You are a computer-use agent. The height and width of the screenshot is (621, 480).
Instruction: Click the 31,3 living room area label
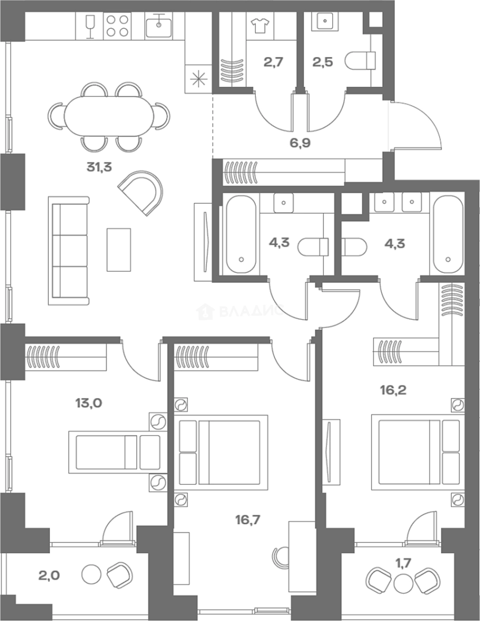pyautogui.click(x=99, y=167)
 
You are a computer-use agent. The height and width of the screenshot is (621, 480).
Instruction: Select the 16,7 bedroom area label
pyautogui.click(x=248, y=519)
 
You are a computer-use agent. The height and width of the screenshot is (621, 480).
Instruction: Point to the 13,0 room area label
pyautogui.click(x=89, y=403)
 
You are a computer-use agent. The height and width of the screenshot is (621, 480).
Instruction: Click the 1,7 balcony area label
pyautogui.click(x=403, y=562)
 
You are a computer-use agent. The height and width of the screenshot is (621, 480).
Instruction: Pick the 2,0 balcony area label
pyautogui.click(x=49, y=574)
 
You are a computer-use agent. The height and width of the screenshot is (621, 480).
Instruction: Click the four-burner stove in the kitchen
pyautogui.click(x=117, y=25)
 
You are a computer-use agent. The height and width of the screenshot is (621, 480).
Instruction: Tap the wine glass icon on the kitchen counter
pyautogui.click(x=90, y=26)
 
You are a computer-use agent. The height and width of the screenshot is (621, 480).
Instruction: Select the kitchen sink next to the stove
pyautogui.click(x=159, y=25)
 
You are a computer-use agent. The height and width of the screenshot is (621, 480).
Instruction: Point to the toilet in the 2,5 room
pyautogui.click(x=360, y=61)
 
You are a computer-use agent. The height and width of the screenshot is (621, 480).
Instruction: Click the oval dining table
pyautogui.click(x=109, y=116)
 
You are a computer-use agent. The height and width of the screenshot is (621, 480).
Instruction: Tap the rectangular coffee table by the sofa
pyautogui.click(x=119, y=250)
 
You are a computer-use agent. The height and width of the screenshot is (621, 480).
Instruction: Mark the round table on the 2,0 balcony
pyautogui.click(x=92, y=574)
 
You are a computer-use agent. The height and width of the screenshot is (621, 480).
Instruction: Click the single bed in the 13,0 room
pyautogui.click(x=118, y=452)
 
